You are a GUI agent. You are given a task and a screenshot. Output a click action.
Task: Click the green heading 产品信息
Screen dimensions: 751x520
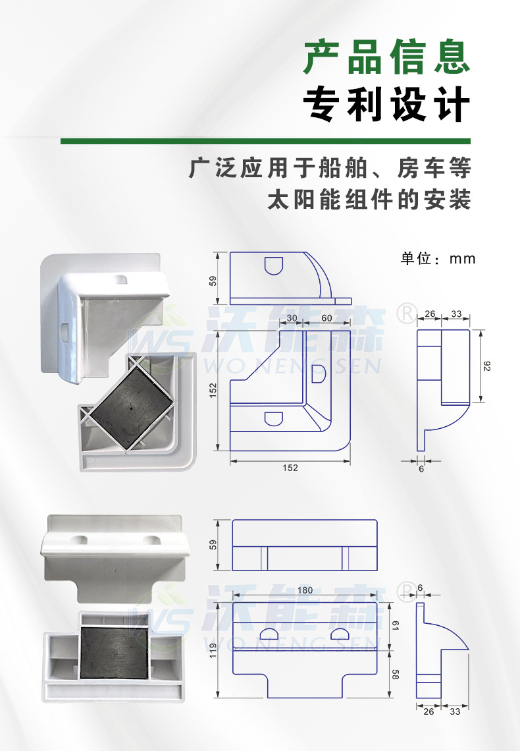387,57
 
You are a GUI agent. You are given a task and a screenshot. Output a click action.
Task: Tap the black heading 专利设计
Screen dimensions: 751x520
387,105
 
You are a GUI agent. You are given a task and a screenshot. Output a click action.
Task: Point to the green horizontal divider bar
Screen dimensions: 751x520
265,141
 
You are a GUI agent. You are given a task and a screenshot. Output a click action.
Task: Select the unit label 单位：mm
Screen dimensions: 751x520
438,258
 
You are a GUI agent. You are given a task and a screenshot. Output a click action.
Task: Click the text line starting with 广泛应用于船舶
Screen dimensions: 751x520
330,168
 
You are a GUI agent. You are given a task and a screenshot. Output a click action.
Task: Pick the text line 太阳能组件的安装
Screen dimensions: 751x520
369,200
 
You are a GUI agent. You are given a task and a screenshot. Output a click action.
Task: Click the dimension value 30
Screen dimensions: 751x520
292,319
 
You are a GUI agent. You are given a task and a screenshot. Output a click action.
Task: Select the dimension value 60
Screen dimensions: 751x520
326,319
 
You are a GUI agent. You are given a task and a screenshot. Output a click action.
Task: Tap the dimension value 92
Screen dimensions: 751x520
488,367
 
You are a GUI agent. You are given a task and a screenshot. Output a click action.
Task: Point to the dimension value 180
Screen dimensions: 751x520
305,590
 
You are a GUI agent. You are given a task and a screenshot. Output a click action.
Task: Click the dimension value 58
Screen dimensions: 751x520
396,674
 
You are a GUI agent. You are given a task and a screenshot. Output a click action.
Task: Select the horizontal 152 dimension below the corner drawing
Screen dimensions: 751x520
290,468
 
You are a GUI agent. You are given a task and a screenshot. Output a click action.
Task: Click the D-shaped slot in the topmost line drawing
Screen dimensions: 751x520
273,265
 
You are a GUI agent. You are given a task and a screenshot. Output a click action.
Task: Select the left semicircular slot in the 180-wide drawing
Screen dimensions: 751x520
270,633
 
